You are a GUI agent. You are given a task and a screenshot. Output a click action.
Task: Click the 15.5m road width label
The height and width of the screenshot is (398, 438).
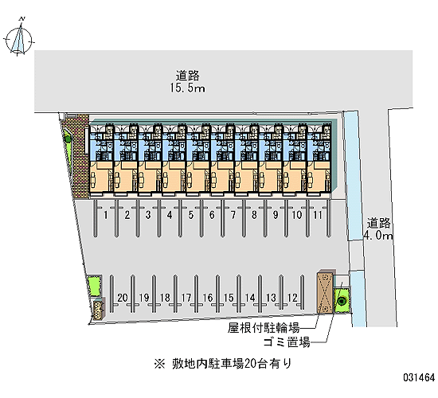point(187,88)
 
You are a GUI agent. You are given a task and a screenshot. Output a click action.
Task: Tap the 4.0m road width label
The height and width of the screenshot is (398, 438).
point(378,236)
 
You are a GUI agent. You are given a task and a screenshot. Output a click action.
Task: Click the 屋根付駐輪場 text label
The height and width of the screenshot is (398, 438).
point(264,328)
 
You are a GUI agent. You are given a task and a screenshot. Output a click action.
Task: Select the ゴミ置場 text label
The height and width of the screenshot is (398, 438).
point(287,341)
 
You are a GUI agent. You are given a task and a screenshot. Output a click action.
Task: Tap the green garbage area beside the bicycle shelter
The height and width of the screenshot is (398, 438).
point(341,300)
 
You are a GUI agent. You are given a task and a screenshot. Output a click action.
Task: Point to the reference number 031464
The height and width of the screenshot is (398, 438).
point(419,377)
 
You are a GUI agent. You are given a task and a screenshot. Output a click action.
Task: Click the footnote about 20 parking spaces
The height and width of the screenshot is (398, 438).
point(223,364)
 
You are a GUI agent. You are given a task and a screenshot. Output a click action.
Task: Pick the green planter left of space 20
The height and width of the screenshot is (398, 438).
point(94,286)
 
